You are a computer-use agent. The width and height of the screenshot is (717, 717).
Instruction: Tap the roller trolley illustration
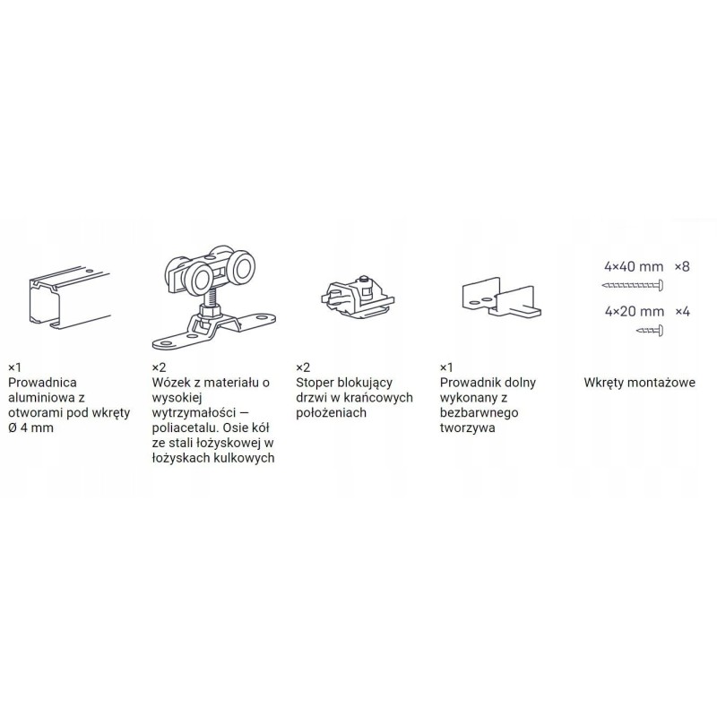pos(213,297)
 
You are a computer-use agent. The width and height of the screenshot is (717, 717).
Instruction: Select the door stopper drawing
pos(357,298)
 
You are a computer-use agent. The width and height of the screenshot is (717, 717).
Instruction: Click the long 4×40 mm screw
pos(633,286)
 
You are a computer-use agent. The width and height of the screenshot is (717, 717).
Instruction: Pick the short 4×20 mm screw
pos(650,330)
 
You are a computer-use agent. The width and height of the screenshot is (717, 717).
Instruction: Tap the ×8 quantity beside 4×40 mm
pos(682,266)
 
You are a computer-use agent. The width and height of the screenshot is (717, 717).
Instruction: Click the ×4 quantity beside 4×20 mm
pos(683,311)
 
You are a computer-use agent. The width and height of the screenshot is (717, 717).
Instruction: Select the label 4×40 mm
pos(634,266)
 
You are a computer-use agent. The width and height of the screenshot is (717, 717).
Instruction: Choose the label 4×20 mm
pos(635,311)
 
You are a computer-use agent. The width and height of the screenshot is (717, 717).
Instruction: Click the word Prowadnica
pos(42,383)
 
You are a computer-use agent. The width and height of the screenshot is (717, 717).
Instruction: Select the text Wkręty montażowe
pos(639,383)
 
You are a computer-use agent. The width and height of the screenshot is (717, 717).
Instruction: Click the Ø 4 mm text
pos(30,428)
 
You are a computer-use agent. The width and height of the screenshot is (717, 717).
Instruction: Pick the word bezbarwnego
pos(479,413)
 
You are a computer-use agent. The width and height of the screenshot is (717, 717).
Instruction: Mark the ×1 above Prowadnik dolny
pos(446,367)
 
